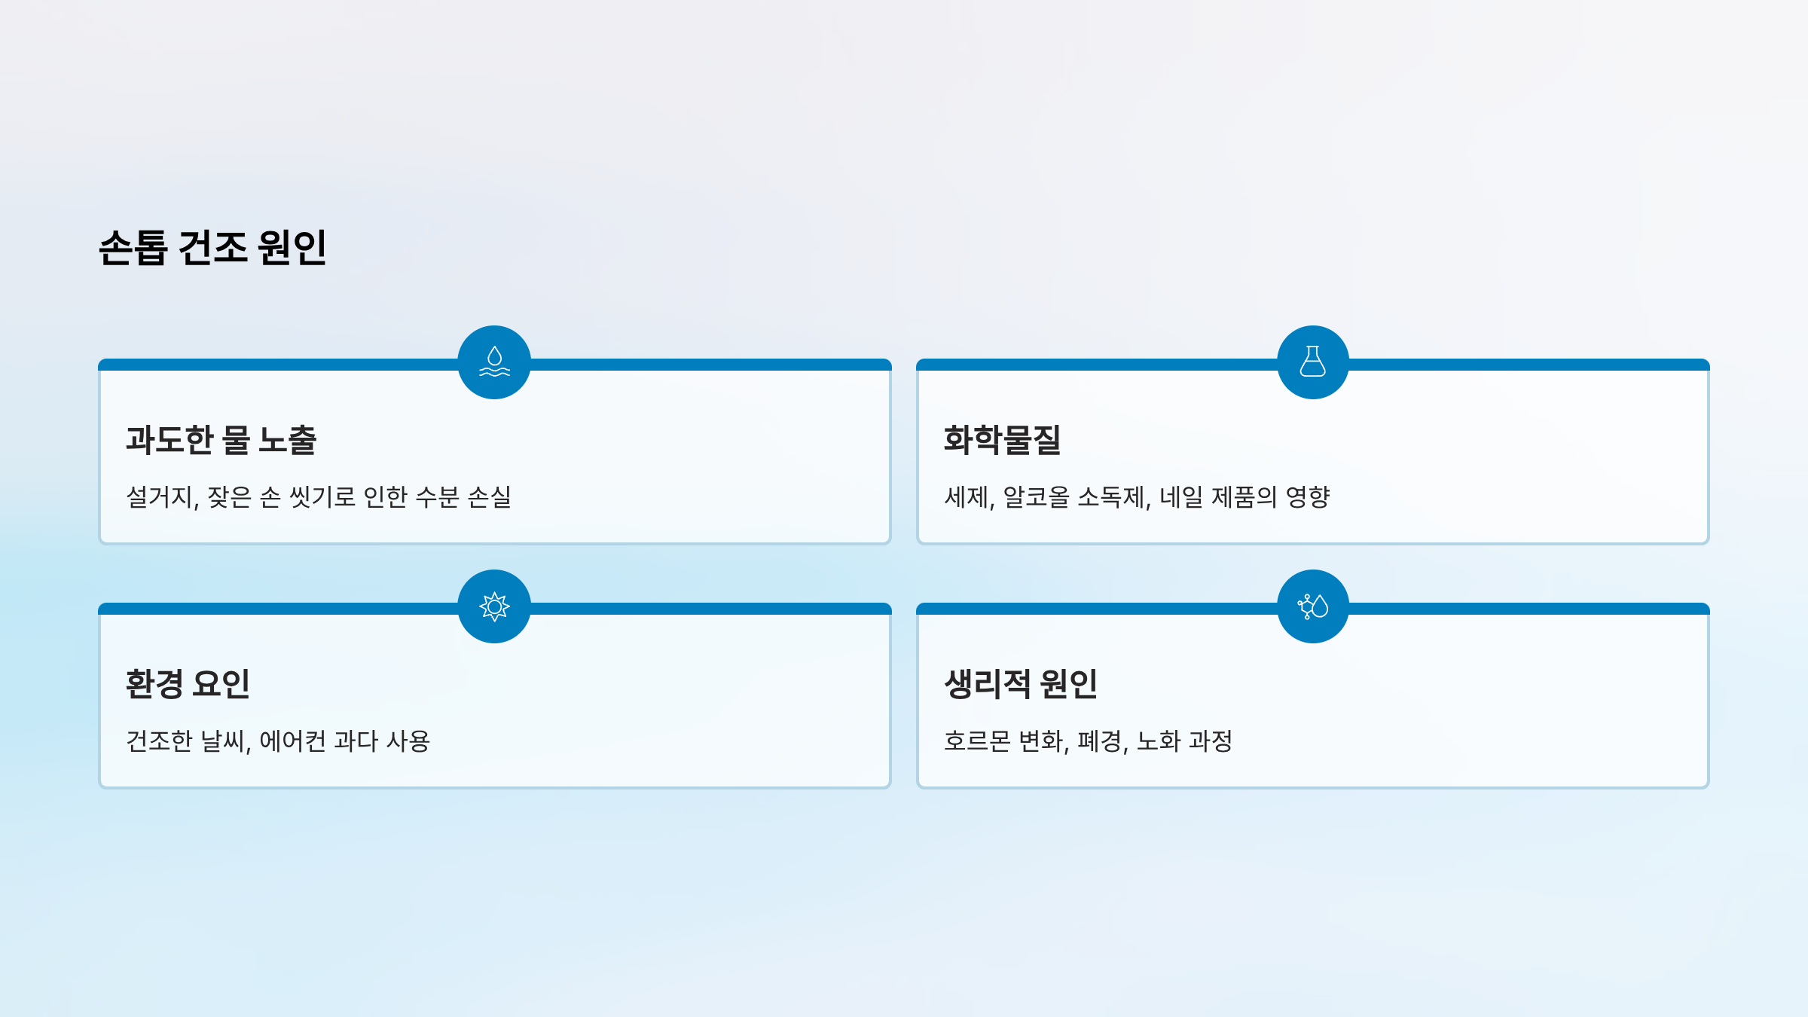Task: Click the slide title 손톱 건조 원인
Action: point(212,247)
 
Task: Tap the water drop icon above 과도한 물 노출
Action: point(494,362)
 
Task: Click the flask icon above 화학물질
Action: point(1312,362)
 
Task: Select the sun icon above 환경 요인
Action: point(494,606)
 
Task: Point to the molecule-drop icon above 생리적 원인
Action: point(1312,606)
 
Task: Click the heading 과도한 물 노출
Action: point(221,440)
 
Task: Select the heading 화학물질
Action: point(1002,440)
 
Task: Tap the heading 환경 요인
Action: point(188,684)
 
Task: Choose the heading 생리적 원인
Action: point(1021,684)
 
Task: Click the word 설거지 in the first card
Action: point(160,497)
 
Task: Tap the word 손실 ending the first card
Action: point(490,497)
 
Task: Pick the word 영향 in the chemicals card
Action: point(1308,497)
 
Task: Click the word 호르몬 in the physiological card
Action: point(977,741)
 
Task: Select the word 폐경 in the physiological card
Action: point(1101,741)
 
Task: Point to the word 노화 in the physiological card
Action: point(1159,741)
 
